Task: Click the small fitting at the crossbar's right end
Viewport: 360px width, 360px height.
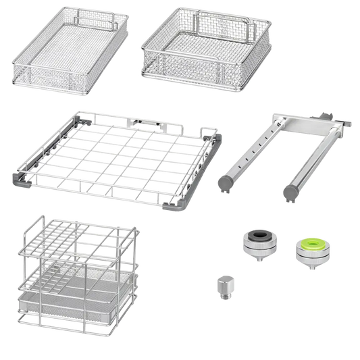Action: (351, 126)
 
